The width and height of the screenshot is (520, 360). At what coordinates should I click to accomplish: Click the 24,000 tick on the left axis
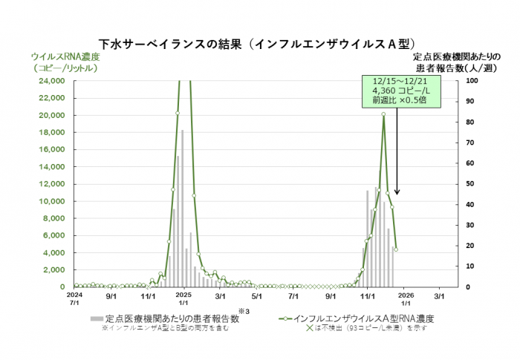[x=51, y=80]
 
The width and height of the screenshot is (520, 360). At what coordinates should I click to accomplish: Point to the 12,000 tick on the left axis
[x=51, y=183]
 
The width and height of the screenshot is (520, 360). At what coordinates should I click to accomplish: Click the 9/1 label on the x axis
[x=111, y=295]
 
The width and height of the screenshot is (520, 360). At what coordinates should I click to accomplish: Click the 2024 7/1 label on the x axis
[x=74, y=298]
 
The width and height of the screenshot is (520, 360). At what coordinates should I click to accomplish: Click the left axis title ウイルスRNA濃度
[x=64, y=56]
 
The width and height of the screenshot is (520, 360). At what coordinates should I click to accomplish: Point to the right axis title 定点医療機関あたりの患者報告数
[x=454, y=62]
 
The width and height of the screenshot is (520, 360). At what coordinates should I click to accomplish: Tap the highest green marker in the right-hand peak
[x=383, y=114]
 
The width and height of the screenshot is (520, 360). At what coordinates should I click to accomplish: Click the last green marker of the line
[x=396, y=249]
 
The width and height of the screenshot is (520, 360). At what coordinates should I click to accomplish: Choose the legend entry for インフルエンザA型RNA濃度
[x=349, y=318]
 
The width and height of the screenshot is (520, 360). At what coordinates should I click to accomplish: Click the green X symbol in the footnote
[x=311, y=327]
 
